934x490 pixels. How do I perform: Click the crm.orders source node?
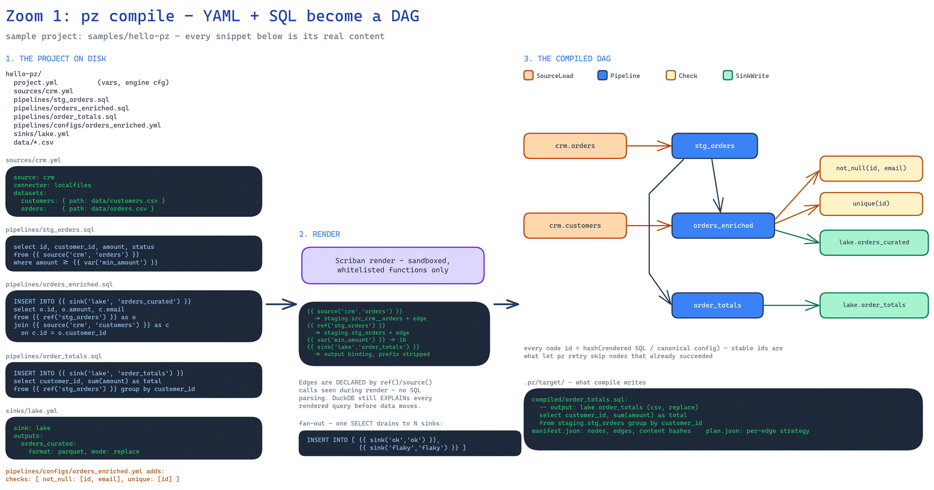click(575, 146)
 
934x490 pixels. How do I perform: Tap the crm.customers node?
click(575, 226)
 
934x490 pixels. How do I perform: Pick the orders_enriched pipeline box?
click(723, 226)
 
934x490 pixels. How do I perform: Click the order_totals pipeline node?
click(717, 305)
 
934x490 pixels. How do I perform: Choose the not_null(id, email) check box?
click(871, 168)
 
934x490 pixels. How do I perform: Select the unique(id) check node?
click(871, 203)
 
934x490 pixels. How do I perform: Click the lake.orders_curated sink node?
click(874, 242)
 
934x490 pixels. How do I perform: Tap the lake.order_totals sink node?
click(874, 305)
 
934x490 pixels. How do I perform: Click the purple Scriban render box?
click(393, 266)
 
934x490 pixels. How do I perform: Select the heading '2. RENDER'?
click(319, 234)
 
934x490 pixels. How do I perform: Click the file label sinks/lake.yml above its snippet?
click(32, 411)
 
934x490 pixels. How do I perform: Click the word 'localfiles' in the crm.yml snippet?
click(73, 185)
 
